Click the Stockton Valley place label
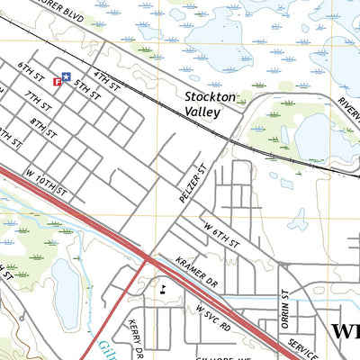209,103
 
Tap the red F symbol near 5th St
58,82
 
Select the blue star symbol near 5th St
66,78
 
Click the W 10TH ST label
47,184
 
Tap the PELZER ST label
193,182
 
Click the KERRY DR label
135,337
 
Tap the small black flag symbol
163,289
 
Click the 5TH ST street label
87,87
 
